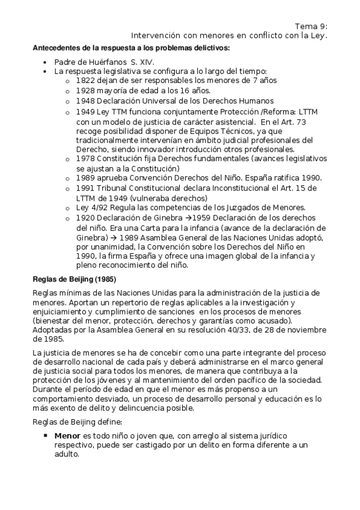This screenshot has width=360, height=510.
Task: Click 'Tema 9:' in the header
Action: click(x=311, y=26)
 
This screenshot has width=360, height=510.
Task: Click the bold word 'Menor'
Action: click(x=67, y=435)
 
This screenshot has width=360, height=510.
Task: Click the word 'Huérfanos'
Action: click(x=105, y=61)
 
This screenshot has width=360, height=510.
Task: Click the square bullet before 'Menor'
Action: click(x=46, y=435)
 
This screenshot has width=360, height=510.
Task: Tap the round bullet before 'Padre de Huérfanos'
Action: click(x=46, y=62)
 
